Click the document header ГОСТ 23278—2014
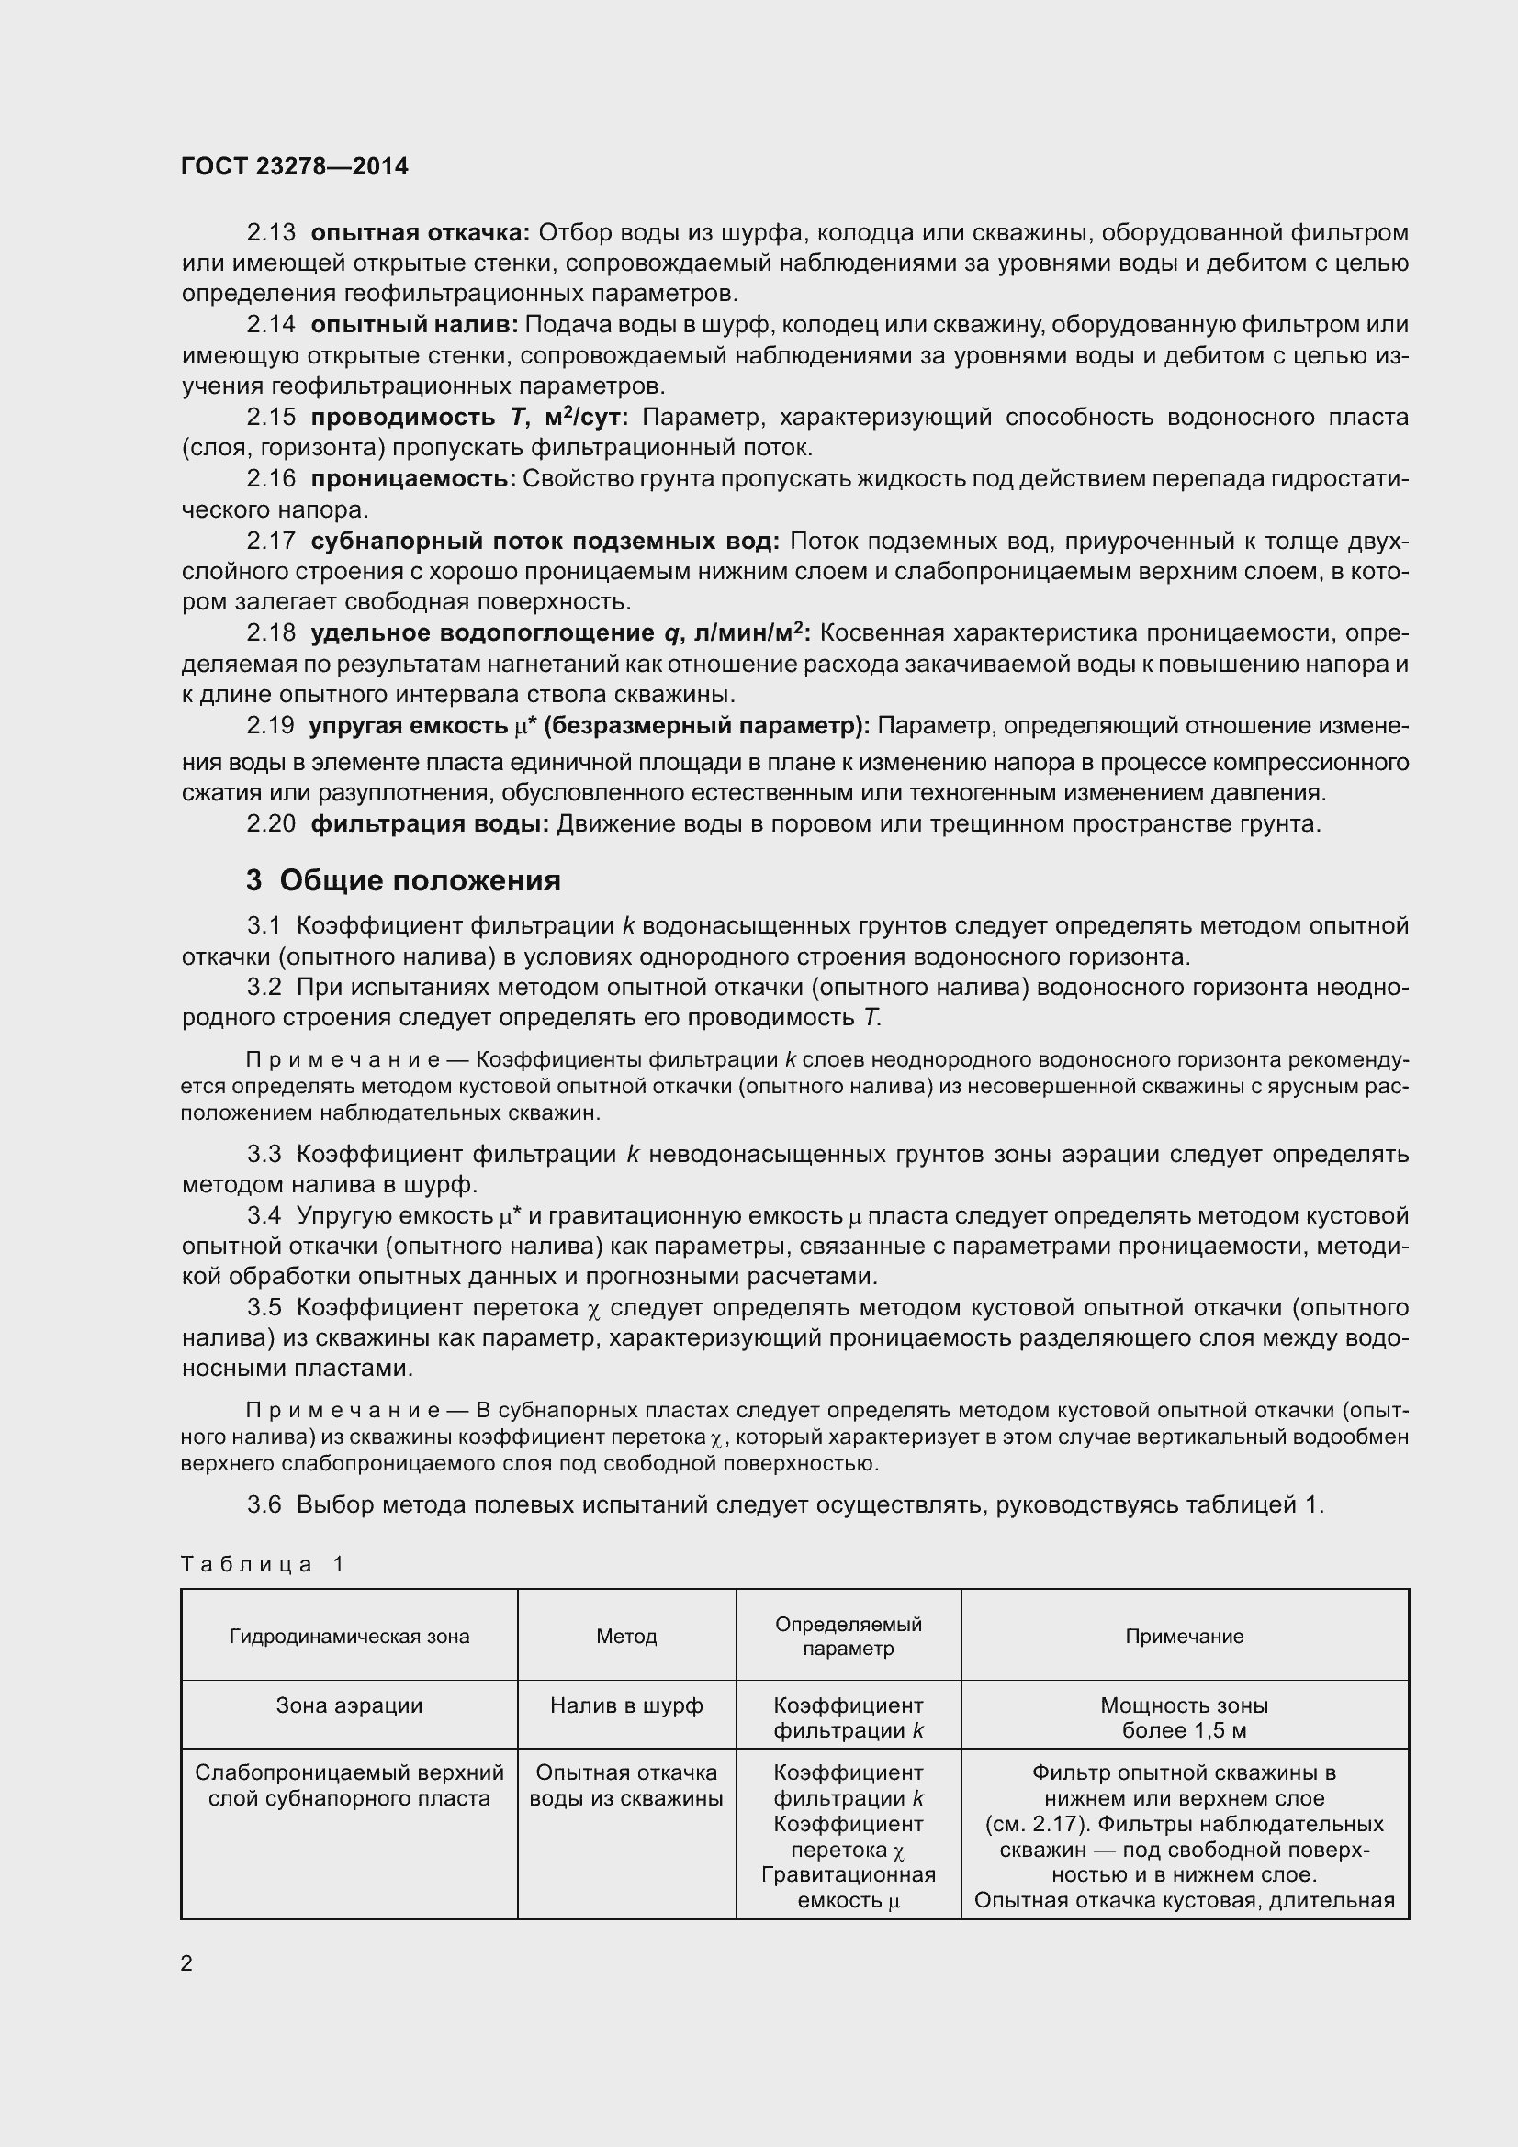tap(295, 166)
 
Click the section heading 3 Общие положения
tap(403, 880)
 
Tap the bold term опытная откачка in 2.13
tap(420, 232)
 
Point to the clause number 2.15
tap(270, 417)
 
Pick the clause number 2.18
tap(270, 633)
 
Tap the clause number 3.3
tap(264, 1154)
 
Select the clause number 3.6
tap(264, 1504)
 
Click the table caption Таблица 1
tap(263, 1563)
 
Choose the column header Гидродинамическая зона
tap(349, 1636)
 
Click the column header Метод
tap(626, 1636)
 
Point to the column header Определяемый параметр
tap(849, 1636)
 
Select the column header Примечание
tap(1184, 1636)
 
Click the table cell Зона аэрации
tap(349, 1705)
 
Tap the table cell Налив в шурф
tap(626, 1705)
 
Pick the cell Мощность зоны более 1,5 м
tap(1184, 1716)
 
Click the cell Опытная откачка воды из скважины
tap(626, 1785)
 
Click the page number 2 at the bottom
tap(186, 1962)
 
